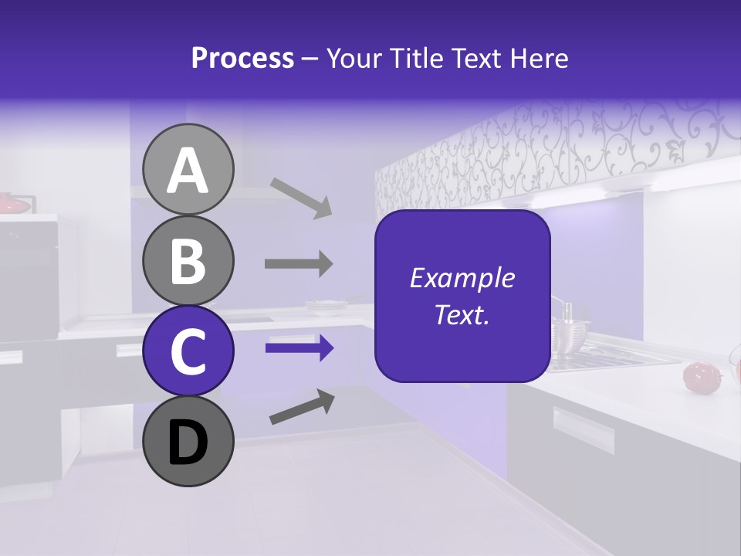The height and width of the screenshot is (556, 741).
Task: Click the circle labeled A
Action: (188, 169)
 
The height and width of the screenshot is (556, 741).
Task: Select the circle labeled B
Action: (188, 260)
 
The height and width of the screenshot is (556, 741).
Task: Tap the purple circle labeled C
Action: (188, 351)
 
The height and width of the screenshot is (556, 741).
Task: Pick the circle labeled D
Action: (188, 441)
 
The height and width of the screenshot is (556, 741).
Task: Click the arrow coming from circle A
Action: (301, 197)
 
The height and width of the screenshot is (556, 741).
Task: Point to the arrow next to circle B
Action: (299, 263)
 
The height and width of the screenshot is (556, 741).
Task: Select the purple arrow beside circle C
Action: (299, 348)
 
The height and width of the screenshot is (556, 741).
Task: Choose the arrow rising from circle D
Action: (302, 406)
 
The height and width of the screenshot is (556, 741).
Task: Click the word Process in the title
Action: (242, 59)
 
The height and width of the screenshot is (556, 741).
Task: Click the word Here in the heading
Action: (540, 59)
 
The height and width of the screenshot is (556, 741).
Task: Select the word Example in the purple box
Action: (462, 278)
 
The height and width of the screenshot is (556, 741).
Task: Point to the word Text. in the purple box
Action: (462, 314)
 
